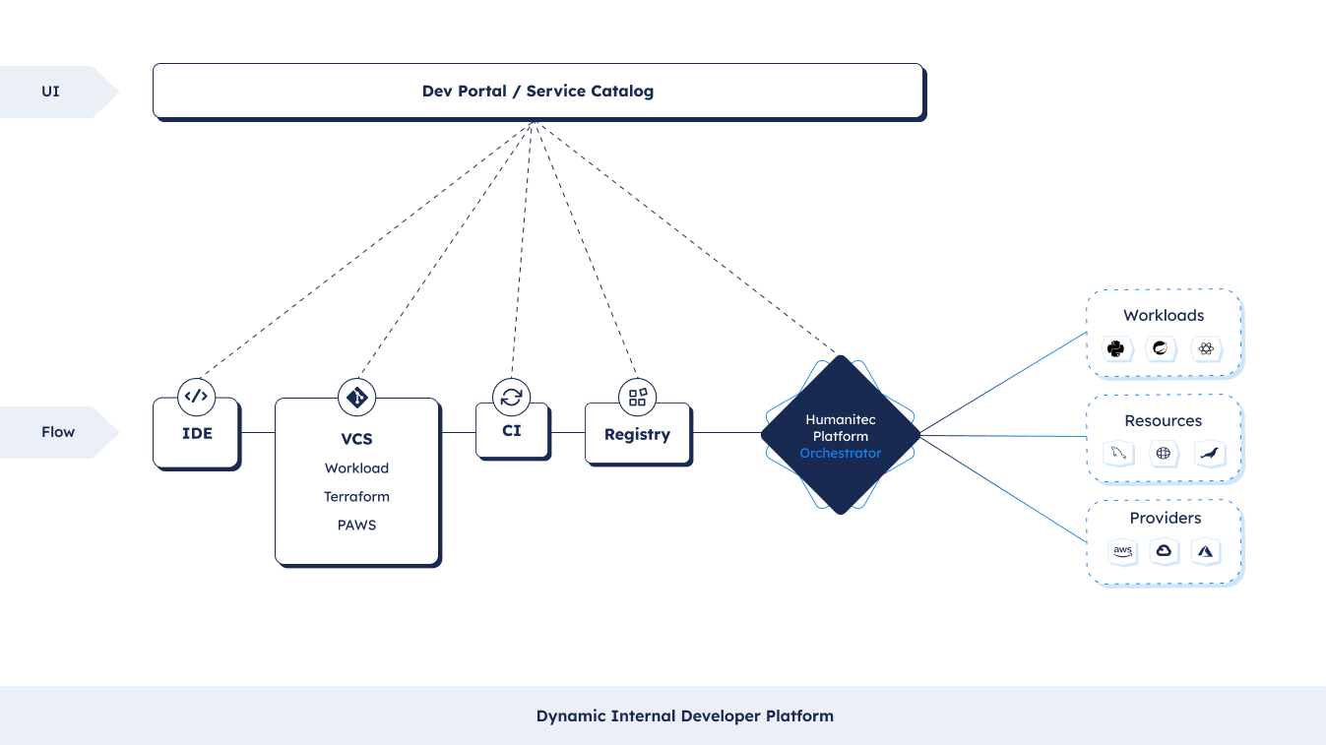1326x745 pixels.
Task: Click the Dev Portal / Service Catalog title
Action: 537,92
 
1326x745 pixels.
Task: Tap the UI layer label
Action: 50,92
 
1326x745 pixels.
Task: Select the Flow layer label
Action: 58,432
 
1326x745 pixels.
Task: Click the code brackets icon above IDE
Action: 196,397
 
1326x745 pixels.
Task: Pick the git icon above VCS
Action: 356,397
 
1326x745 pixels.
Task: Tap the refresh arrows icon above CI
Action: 512,397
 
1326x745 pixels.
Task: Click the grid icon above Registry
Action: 638,397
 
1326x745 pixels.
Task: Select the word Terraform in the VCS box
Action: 356,496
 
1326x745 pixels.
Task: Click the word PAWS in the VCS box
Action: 356,525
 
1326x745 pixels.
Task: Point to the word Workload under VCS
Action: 356,468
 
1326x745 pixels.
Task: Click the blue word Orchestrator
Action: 840,454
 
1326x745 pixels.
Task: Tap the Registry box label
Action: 637,434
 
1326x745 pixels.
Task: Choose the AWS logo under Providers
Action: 1122,551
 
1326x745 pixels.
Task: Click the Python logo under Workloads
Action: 1116,348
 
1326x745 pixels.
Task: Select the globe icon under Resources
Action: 1164,454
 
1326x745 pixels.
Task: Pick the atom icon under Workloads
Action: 1206,348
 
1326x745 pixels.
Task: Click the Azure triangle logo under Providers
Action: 1205,551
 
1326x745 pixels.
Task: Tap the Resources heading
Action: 1164,421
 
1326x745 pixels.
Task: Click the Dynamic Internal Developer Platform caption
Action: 685,716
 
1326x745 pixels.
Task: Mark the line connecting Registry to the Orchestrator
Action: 726,433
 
